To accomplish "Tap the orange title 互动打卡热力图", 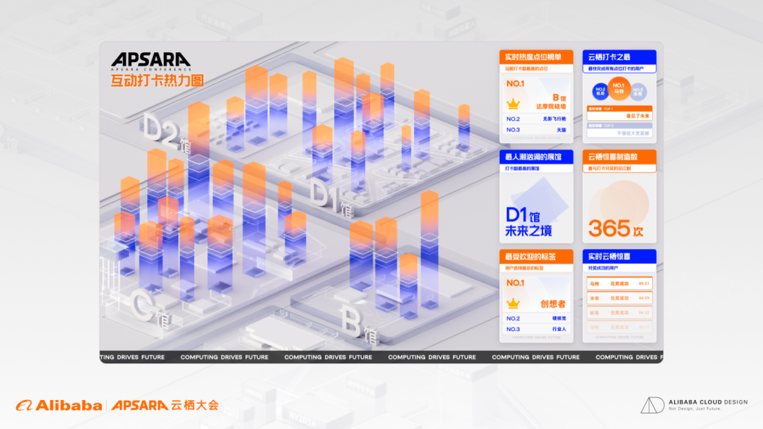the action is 157,80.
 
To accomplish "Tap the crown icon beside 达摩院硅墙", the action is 514,103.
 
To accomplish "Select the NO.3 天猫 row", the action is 536,130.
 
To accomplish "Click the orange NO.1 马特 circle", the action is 619,89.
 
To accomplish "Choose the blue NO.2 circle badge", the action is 601,91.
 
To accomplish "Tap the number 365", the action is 609,228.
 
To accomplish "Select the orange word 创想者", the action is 553,303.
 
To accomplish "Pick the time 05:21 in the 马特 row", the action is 644,284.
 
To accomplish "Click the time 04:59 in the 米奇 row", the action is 644,298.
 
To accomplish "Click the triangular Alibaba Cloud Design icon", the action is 652,405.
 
